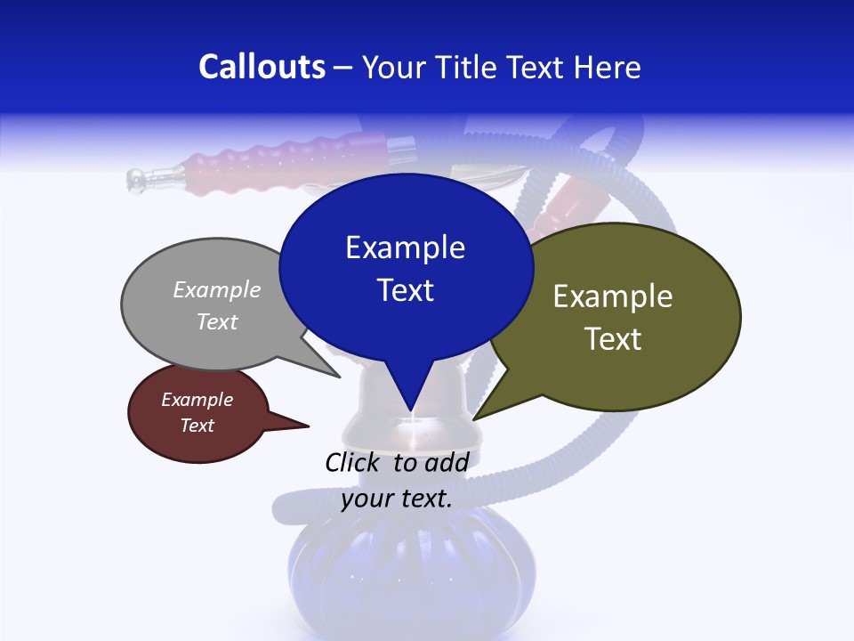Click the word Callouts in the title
click(262, 67)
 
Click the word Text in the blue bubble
click(405, 290)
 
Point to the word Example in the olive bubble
click(613, 296)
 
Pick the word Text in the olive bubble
click(613, 339)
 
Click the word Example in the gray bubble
click(217, 289)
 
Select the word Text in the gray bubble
click(217, 321)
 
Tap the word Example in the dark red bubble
click(197, 400)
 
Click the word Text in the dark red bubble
click(197, 426)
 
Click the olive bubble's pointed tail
click(479, 416)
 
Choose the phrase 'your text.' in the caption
click(397, 499)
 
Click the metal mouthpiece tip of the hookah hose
click(138, 180)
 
